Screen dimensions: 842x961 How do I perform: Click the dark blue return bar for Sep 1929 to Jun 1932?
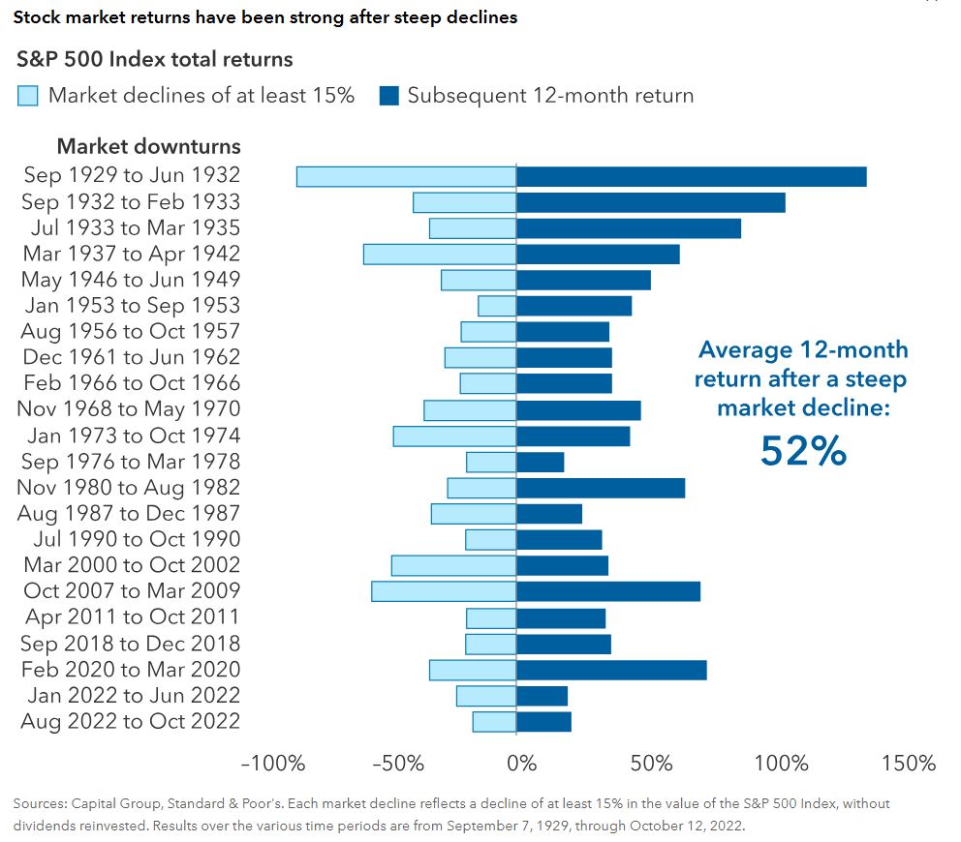tap(691, 176)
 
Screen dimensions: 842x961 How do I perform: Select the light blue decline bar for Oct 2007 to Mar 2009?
tap(444, 591)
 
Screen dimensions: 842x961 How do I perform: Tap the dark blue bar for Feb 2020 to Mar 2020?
tap(611, 670)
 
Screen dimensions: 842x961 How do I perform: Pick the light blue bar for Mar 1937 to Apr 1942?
tap(440, 254)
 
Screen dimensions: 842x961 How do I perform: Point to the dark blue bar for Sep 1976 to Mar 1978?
tap(541, 462)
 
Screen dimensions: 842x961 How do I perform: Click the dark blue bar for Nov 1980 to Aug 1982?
tap(601, 488)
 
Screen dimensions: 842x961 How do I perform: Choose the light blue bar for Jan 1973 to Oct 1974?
tap(454, 436)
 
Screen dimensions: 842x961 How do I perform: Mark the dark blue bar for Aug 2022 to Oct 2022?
tap(543, 722)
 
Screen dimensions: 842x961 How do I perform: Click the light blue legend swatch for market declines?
tap(28, 96)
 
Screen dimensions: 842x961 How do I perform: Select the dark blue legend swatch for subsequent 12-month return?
tap(387, 96)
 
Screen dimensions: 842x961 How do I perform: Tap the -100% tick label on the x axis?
tap(272, 763)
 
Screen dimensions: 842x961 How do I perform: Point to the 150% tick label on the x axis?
tap(908, 763)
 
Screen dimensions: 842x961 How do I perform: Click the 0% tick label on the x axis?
tap(521, 763)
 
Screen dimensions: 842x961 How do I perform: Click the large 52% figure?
tap(803, 451)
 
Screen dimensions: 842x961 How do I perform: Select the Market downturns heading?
tap(148, 147)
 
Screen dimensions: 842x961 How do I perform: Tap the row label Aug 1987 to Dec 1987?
tap(130, 514)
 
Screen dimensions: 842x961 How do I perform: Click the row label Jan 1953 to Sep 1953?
tap(132, 306)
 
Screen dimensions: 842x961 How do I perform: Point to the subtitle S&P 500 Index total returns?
tap(155, 60)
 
